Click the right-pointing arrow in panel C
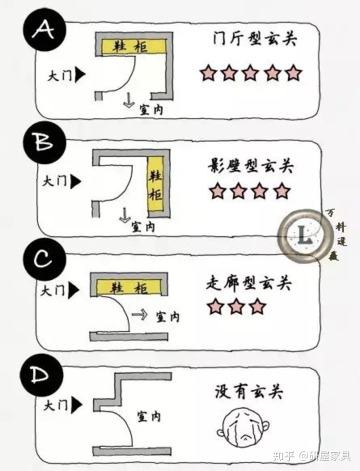[141, 314]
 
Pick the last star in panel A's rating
[294, 73]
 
